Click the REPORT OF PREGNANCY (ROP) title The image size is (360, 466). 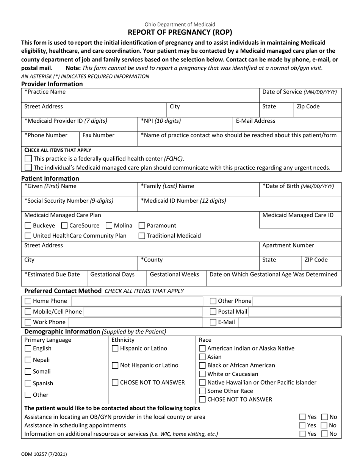pos(180,33)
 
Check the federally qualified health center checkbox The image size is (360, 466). pos(28,159)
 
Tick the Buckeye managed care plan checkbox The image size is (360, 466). pos(28,226)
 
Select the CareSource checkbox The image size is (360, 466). pos(64,226)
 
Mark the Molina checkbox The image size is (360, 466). pos(109,226)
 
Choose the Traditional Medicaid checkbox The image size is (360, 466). pos(142,236)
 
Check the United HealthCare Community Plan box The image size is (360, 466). pos(28,236)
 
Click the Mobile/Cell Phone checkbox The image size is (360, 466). pos(28,312)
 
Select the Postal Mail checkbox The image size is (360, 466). pos(213,312)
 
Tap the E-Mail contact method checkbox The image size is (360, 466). pos(213,322)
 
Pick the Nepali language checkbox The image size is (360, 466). pos(28,360)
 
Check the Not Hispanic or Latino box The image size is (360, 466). pos(115,366)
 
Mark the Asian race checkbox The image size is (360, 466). pos(203,357)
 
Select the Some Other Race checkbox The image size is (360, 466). pos(203,391)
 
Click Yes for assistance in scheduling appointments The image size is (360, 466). pos(302,425)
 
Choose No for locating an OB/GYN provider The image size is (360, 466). pos(325,417)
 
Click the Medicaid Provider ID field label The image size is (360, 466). pos(66,121)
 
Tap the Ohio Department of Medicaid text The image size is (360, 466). pos(180,25)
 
